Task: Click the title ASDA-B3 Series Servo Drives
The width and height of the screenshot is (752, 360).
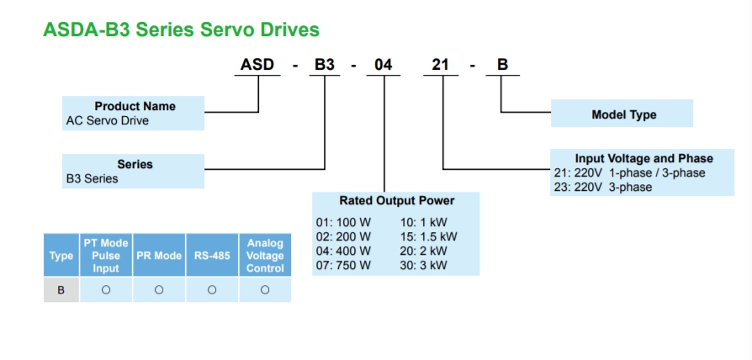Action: click(181, 29)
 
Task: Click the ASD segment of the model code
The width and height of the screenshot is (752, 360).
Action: click(257, 65)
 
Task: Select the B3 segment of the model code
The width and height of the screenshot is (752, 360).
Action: click(325, 65)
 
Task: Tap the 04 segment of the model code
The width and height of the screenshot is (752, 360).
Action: click(384, 65)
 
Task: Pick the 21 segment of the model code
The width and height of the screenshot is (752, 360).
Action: click(441, 65)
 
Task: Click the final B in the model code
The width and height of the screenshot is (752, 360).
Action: click(501, 65)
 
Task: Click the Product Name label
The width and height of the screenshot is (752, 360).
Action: click(135, 106)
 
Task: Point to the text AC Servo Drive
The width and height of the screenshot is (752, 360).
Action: click(107, 120)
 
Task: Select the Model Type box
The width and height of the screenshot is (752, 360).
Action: click(623, 114)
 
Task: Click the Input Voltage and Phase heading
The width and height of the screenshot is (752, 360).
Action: click(643, 158)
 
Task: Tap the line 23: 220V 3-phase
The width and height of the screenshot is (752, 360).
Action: click(601, 187)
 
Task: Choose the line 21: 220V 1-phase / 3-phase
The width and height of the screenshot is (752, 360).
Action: click(628, 172)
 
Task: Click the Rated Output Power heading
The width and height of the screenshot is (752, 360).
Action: click(396, 200)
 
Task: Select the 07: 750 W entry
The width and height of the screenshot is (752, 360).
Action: click(343, 264)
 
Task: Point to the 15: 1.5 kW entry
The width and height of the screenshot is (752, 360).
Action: click(428, 236)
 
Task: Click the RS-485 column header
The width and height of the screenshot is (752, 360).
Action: click(212, 256)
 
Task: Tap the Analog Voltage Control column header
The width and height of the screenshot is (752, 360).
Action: click(265, 256)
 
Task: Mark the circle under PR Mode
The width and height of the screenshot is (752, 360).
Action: click(159, 289)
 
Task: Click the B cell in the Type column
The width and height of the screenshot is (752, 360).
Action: click(61, 289)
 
